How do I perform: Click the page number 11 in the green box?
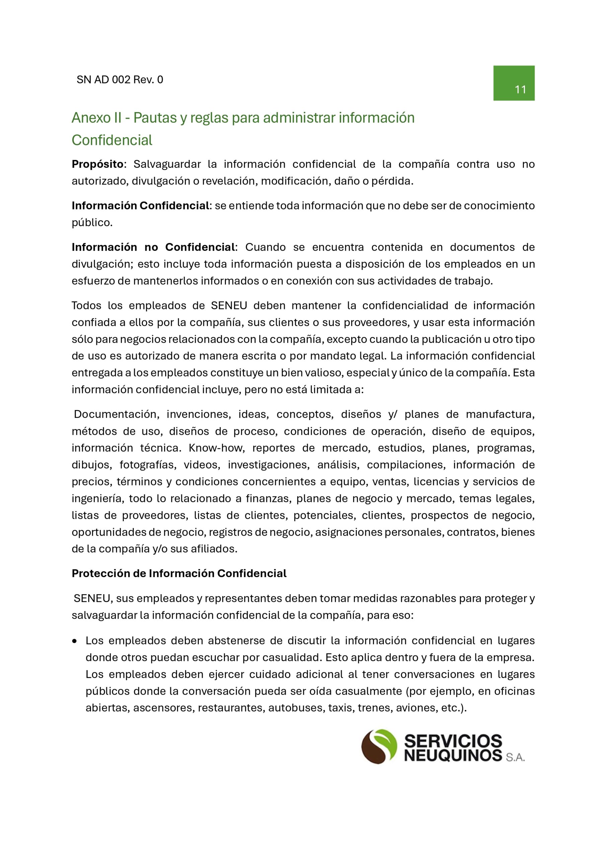(520, 90)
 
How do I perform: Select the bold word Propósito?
(97, 164)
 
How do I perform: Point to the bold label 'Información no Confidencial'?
(153, 247)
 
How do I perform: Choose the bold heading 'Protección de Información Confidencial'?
(179, 573)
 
